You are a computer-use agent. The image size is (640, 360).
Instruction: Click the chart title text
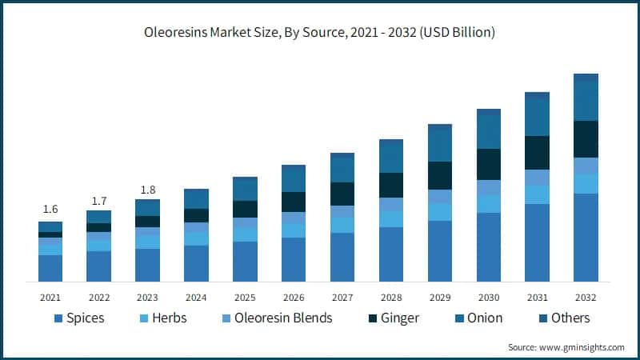coord(320,33)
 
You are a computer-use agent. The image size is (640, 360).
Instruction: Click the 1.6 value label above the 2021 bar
coord(50,209)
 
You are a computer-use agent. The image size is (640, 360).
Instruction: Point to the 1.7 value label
coord(98,199)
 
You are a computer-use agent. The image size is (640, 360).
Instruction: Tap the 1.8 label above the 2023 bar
coord(147,189)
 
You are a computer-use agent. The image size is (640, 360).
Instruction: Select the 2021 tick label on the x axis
coord(50,297)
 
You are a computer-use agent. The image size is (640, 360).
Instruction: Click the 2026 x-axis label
coord(294,297)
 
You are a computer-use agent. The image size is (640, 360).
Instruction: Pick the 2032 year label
coord(586,297)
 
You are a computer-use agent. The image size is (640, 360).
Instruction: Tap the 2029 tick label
coord(440,297)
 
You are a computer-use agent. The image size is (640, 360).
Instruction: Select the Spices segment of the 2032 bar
coord(586,238)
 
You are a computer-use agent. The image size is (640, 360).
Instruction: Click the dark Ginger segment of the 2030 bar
coord(489,164)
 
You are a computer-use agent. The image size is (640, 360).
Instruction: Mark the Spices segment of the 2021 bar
coord(50,268)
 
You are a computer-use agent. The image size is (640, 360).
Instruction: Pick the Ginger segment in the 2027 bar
coord(342,194)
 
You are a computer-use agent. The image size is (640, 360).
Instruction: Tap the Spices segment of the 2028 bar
coord(391,254)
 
